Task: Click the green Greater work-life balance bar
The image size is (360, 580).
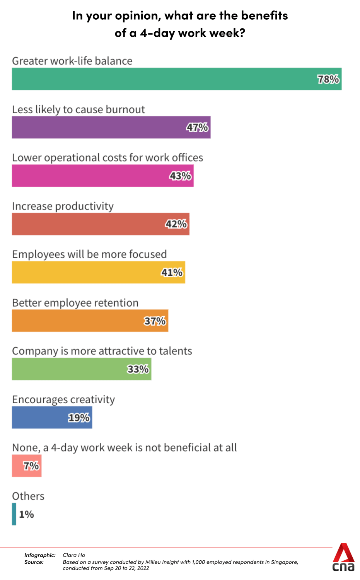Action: (162, 79)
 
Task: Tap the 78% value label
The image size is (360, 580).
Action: (328, 79)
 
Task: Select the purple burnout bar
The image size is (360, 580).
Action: (97, 127)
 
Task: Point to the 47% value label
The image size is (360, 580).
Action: (197, 127)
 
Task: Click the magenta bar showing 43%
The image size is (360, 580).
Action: (89, 176)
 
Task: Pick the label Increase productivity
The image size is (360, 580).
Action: (63, 206)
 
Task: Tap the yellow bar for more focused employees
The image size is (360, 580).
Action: (85, 272)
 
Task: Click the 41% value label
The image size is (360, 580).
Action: (172, 273)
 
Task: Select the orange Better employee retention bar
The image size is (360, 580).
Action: (77, 321)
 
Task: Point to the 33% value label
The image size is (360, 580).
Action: (138, 369)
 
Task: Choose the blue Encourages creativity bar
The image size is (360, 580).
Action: (39, 418)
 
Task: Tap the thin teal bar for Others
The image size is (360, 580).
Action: (14, 514)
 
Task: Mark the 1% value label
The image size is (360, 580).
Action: (27, 514)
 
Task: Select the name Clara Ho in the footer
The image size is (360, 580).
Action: (74, 555)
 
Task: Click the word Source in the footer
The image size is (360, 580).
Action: (34, 562)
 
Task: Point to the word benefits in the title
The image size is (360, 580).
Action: (264, 15)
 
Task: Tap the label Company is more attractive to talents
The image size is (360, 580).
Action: (102, 351)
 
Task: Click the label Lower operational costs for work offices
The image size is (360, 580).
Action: (107, 158)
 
